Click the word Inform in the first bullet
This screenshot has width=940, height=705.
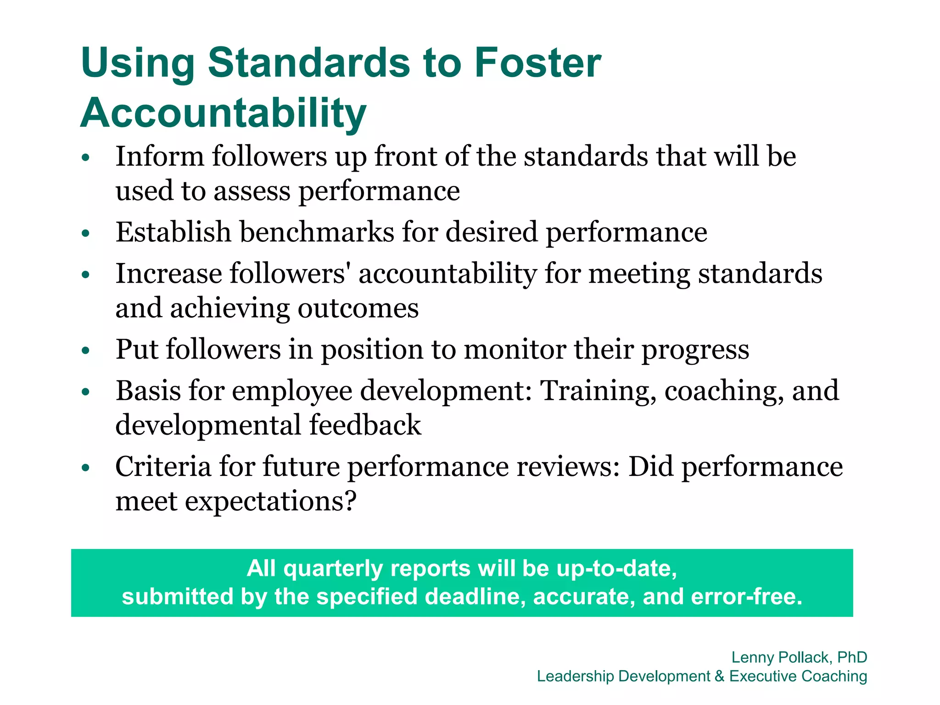click(160, 157)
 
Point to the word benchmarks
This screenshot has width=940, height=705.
click(317, 232)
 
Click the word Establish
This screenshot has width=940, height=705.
click(173, 232)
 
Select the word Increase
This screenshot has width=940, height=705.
click(168, 274)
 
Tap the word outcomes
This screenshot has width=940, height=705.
click(358, 308)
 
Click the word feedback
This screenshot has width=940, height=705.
click(365, 425)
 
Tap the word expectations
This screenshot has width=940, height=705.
click(271, 501)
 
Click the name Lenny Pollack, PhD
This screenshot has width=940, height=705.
click(799, 657)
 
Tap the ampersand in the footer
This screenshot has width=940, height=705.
click(719, 676)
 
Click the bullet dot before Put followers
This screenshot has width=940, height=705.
click(85, 351)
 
